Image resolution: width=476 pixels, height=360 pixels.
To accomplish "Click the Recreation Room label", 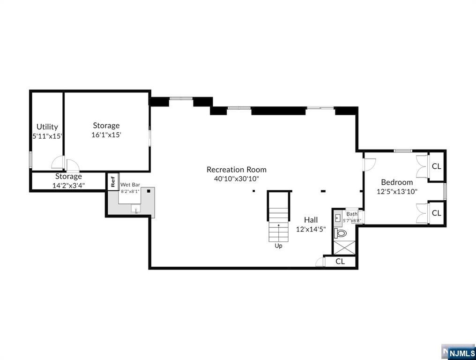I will click(237, 170).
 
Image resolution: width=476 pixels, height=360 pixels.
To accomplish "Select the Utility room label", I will click(47, 127).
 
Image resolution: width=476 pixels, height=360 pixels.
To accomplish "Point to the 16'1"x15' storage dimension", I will click(106, 135).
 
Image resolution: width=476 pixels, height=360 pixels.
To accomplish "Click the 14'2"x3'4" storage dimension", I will click(68, 185).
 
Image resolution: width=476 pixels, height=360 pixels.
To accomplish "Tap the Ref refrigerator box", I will click(113, 181).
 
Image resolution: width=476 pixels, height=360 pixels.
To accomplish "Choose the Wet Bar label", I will click(130, 185).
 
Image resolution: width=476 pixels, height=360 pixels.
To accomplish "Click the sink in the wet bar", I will click(136, 209).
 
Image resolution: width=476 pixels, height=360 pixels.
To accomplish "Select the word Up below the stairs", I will click(278, 246).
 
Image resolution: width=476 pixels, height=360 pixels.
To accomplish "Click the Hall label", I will click(311, 220).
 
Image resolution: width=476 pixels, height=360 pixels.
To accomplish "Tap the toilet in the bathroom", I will click(341, 232).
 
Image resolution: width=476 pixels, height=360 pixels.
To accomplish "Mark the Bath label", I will click(352, 214).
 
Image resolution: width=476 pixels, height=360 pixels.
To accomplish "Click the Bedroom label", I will click(397, 182).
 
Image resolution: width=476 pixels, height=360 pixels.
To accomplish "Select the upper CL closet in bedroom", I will click(436, 166).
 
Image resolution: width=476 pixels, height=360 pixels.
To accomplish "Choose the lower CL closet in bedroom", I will click(436, 213).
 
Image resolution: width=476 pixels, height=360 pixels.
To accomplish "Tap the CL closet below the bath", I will click(340, 262).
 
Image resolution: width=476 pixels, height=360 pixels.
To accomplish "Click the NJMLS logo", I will click(461, 352).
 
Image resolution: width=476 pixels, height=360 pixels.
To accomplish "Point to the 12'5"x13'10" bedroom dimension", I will click(397, 191).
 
